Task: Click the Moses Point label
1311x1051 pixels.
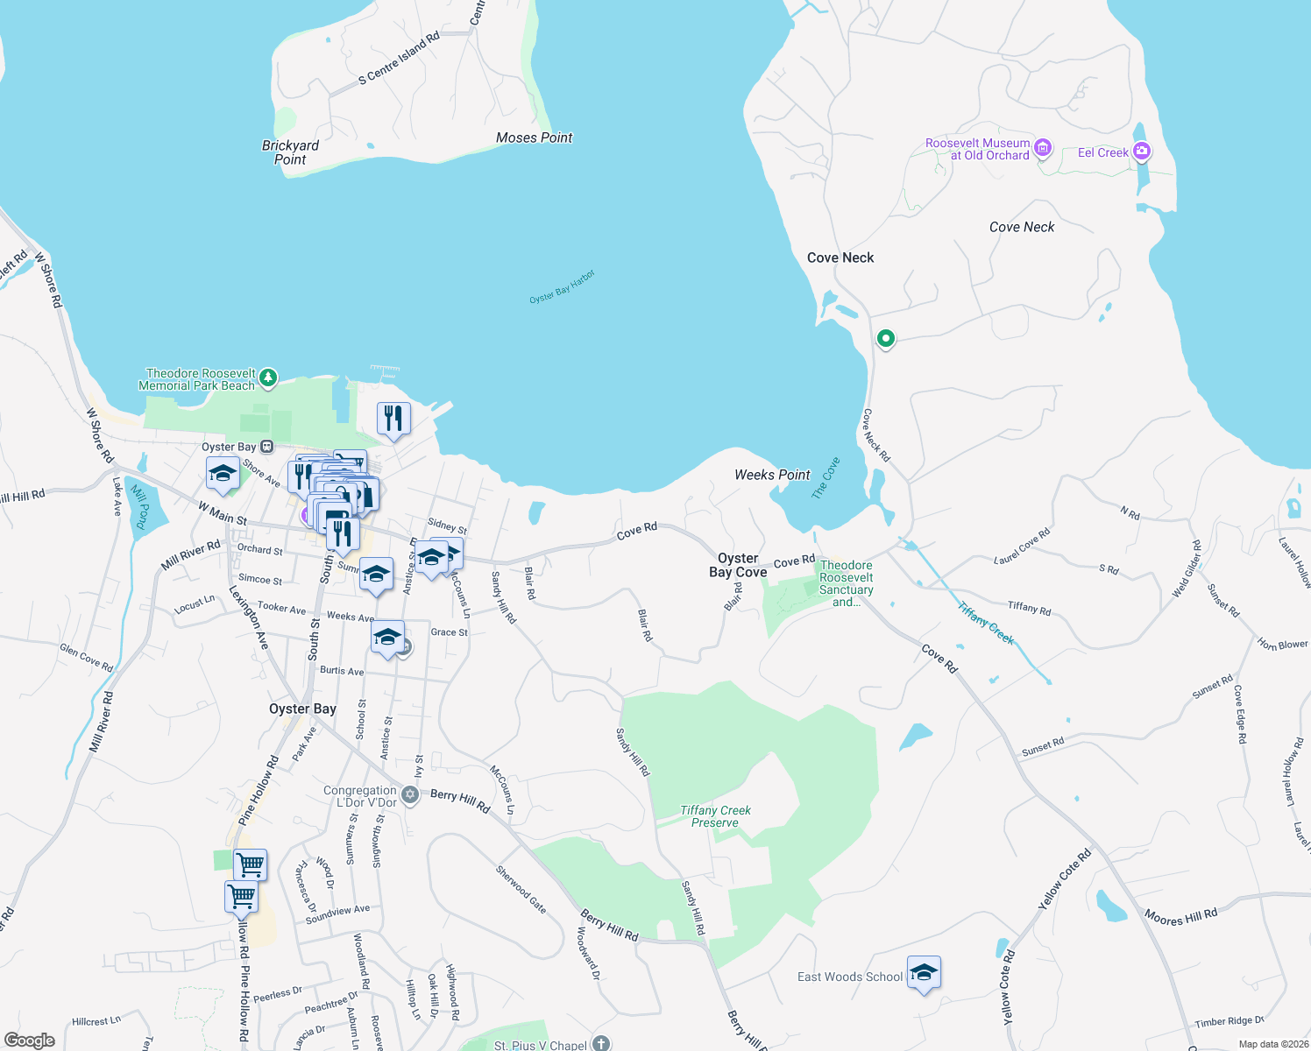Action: tap(534, 138)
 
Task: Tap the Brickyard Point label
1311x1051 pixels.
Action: tap(290, 152)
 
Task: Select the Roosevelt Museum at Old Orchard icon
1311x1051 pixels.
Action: tap(1043, 148)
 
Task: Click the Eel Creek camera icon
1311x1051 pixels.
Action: tap(1141, 152)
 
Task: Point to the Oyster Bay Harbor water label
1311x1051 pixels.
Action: tap(562, 287)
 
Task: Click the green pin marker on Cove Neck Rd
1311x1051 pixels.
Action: tap(886, 338)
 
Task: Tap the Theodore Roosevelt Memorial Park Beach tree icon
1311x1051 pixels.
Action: tap(268, 378)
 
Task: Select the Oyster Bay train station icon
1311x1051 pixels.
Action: tap(267, 447)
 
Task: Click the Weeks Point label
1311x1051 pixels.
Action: tap(772, 475)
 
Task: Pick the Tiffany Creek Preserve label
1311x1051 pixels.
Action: tap(715, 816)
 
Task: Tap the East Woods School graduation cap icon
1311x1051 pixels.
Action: tap(924, 973)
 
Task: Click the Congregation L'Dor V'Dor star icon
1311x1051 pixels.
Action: tap(410, 796)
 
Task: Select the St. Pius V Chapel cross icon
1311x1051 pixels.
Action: tap(600, 1043)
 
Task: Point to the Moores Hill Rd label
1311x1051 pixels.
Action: tap(1180, 917)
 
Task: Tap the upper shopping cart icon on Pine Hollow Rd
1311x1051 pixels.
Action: tap(250, 865)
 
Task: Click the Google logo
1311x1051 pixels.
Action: tap(29, 1040)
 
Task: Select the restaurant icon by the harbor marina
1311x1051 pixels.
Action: tap(393, 419)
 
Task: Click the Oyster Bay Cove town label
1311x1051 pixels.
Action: tap(738, 565)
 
